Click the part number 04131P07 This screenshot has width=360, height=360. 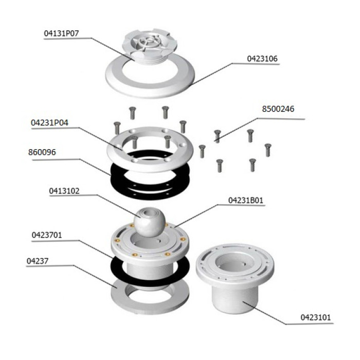61,33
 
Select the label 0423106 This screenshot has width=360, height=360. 262,59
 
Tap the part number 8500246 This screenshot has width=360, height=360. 278,109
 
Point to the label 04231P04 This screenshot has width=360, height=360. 49,123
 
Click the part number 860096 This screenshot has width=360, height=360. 42,152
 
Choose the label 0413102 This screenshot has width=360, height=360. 64,191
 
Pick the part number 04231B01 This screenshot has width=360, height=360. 246,201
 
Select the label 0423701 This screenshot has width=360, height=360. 47,235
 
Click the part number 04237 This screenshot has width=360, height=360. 38,261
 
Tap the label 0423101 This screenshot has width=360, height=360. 316,317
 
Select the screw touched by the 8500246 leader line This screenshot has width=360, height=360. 218,136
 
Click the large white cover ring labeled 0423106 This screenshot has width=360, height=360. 150,89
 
